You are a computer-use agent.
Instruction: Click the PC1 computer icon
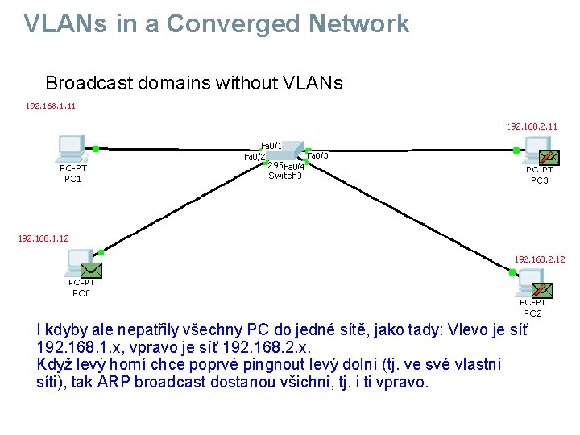71,147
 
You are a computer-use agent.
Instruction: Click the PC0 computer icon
80,262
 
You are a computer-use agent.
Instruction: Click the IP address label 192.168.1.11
51,106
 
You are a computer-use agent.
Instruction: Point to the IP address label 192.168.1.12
43,238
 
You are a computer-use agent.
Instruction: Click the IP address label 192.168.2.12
539,259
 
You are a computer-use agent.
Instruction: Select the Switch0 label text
285,176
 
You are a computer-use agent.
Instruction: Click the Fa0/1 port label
271,146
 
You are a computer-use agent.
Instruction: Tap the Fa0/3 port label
317,155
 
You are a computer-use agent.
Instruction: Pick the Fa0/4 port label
294,166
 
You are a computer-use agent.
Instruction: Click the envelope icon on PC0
91,270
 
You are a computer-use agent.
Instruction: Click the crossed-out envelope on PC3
548,156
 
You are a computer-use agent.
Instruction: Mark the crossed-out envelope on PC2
542,289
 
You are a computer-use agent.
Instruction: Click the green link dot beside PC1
95,148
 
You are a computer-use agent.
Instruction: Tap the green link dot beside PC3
516,150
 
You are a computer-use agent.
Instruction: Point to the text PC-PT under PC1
73,168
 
